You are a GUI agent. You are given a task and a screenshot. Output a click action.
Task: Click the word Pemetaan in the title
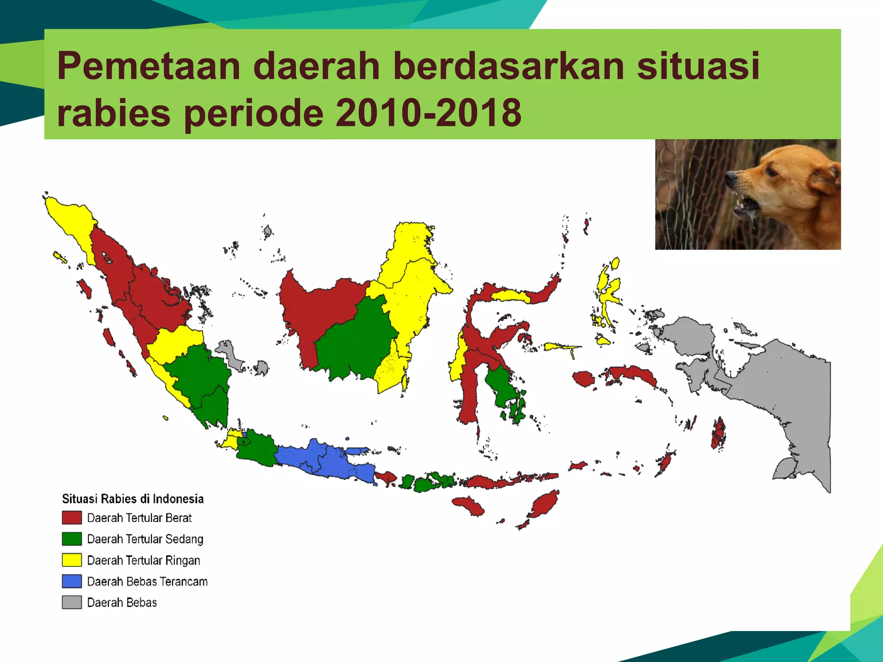pyautogui.click(x=148, y=66)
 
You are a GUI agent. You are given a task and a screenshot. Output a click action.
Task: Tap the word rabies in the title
pyautogui.click(x=113, y=113)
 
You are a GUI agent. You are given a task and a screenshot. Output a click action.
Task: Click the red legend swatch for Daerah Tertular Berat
pyautogui.click(x=72, y=518)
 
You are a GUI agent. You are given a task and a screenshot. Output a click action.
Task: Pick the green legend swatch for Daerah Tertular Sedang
pyautogui.click(x=72, y=539)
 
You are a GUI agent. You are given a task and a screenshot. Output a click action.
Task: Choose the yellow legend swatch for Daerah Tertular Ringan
pyautogui.click(x=72, y=560)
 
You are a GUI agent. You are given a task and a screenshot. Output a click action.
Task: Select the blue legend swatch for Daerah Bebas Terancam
pyautogui.click(x=72, y=581)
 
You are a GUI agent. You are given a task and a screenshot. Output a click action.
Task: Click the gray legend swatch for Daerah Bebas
pyautogui.click(x=72, y=602)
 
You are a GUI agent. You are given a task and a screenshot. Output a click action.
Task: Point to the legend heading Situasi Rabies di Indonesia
pyautogui.click(x=133, y=499)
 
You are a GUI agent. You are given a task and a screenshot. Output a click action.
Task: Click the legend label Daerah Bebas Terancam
pyautogui.click(x=147, y=581)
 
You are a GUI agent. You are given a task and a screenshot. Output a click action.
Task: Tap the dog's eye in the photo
pyautogui.click(x=771, y=172)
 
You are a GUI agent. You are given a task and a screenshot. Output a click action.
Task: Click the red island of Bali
pyautogui.click(x=386, y=478)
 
